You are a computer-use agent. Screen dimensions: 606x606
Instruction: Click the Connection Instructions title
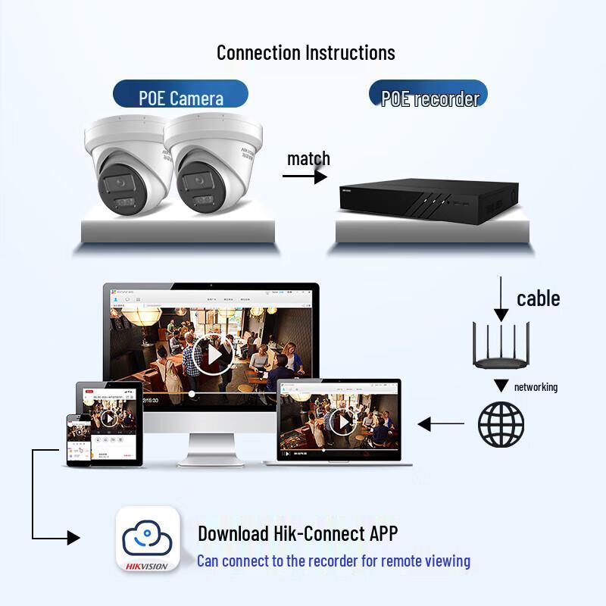click(305, 52)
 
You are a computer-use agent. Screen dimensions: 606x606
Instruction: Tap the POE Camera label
click(181, 98)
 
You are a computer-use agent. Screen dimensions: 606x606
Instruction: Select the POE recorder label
click(430, 98)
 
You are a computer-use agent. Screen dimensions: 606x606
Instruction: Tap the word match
click(308, 159)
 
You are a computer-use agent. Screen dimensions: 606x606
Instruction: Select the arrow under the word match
click(305, 176)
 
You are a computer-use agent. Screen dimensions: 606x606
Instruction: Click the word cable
click(538, 298)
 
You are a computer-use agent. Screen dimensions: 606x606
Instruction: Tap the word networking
click(536, 387)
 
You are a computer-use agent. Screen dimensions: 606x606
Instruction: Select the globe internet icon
click(501, 423)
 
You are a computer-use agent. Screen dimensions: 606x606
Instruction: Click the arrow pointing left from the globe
click(441, 424)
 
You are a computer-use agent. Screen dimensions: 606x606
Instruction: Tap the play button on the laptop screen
click(343, 422)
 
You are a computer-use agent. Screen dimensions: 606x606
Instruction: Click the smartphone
click(79, 439)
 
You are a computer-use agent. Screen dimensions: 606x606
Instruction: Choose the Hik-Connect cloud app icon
click(148, 539)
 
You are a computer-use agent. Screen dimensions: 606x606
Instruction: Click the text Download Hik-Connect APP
click(298, 533)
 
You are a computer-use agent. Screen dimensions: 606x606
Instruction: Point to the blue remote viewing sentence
click(333, 561)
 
